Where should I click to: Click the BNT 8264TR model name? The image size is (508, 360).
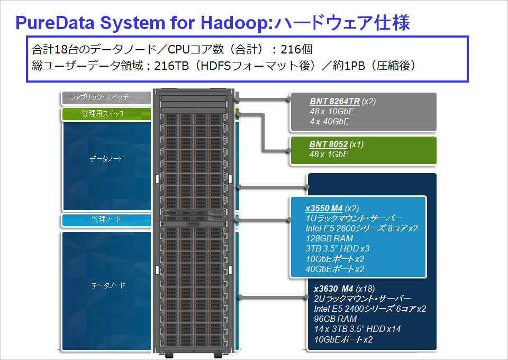(334, 102)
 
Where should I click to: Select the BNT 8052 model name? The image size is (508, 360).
(329, 144)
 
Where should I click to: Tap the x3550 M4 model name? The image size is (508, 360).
(324, 209)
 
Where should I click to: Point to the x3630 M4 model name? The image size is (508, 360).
(333, 289)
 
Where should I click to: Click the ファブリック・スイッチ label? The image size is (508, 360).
(99, 97)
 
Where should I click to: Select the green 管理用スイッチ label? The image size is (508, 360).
(103, 113)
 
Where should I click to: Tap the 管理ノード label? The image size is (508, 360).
(106, 219)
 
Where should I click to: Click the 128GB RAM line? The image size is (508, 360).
(329, 238)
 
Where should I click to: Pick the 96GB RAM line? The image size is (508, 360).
(335, 319)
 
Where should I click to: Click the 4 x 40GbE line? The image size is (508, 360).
(330, 122)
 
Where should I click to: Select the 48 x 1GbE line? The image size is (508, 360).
(329, 154)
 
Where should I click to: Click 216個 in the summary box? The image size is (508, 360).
(296, 49)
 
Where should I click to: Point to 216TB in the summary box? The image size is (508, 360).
(171, 66)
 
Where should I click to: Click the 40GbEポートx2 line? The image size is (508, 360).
(335, 269)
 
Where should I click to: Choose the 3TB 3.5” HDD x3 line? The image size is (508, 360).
(338, 248)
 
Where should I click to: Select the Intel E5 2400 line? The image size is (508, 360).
(370, 309)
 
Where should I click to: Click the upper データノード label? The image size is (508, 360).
(106, 159)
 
